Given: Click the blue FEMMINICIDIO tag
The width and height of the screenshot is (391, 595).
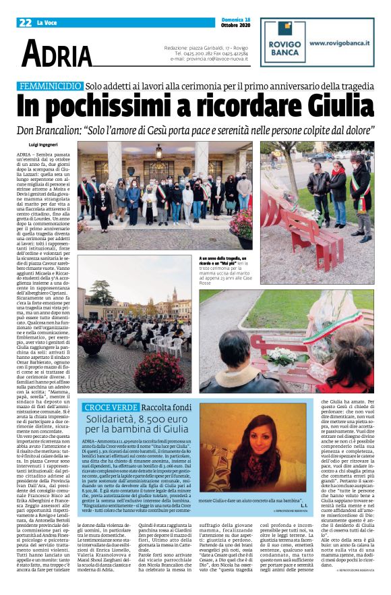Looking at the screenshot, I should point(50,86).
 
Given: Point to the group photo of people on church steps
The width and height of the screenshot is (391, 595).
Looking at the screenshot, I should point(164,195).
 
